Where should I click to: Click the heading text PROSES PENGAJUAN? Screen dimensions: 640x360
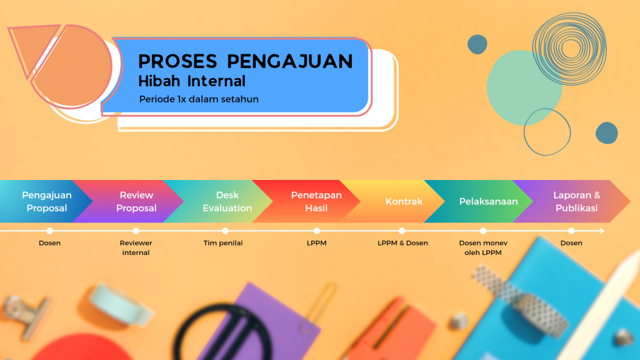[245, 61]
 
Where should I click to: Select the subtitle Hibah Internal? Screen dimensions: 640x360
[192, 81]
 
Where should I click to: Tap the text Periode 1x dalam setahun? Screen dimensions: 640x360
[199, 99]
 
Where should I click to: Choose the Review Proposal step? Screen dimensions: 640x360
[136, 201]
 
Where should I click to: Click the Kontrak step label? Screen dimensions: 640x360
[404, 201]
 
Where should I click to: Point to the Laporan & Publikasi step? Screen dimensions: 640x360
[576, 201]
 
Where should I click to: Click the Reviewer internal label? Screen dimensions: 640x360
[136, 247]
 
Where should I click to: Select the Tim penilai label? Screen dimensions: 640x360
[223, 243]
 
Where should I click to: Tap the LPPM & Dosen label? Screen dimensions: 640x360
[402, 243]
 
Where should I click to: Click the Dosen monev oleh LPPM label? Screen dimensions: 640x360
[483, 247]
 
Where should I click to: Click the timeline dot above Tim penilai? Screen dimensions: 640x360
[225, 231]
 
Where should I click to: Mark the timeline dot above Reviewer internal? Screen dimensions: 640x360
[136, 231]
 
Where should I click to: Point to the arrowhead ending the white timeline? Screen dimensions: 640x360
[602, 231]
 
